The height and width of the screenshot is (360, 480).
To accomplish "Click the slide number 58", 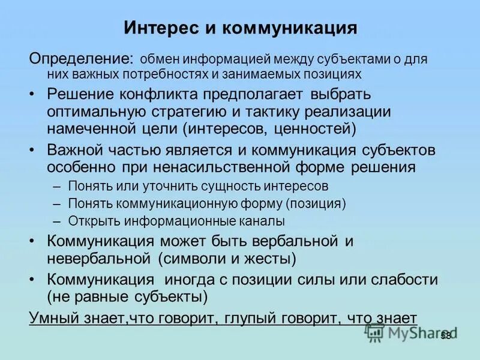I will coord(445,336).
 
